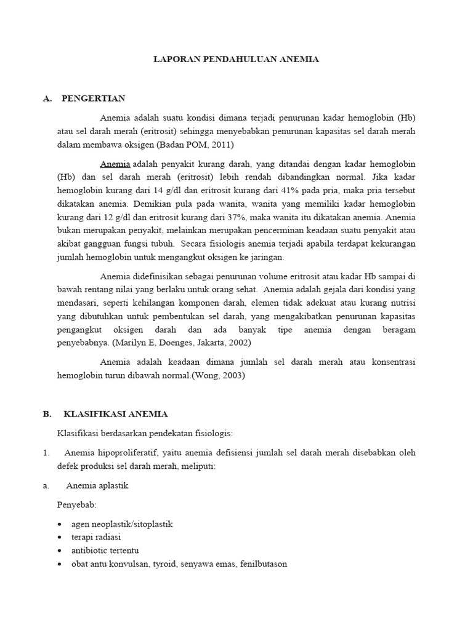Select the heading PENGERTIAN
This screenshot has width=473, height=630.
[93, 98]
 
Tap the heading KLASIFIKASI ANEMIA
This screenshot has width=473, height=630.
[112, 414]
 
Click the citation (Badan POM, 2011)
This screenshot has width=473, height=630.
[195, 145]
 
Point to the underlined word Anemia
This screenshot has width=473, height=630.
[115, 164]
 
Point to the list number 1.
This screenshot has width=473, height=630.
[46, 453]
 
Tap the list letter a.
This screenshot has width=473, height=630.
[46, 485]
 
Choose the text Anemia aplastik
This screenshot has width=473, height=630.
[97, 485]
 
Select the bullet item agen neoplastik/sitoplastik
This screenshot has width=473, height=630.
[122, 524]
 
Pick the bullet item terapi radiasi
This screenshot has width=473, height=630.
[96, 537]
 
